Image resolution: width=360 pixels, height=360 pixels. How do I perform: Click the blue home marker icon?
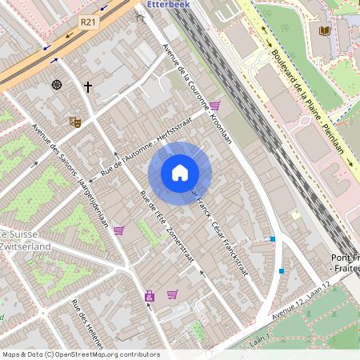179,173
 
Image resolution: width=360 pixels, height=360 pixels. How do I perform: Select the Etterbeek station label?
166,4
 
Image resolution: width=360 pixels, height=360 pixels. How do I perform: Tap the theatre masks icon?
76,122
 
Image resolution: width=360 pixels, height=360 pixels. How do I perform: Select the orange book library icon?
324,30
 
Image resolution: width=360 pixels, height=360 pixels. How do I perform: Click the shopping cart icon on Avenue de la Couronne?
214,106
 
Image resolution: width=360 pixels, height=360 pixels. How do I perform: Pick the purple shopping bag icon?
149,297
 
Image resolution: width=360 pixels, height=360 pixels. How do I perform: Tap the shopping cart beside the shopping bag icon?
172,294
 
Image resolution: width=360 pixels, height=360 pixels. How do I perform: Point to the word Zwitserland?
26,246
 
